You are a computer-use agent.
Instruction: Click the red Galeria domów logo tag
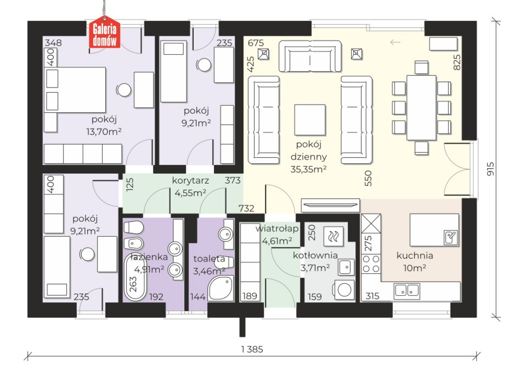click(104, 32)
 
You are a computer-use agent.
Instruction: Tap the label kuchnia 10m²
click(415, 262)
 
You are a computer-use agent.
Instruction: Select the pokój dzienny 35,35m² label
click(308, 157)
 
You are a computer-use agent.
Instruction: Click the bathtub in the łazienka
click(135, 276)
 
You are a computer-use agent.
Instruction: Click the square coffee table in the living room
click(310, 120)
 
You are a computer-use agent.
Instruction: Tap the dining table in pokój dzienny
click(421, 108)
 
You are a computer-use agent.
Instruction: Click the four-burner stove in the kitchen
click(371, 264)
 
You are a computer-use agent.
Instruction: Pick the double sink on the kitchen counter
click(407, 291)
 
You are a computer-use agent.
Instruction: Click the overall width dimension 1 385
click(252, 349)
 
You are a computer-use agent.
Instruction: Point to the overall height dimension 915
click(491, 169)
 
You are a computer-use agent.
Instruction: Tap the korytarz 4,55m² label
click(190, 187)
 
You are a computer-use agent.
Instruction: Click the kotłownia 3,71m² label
click(315, 261)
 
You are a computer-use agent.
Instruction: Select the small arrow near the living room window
click(395, 42)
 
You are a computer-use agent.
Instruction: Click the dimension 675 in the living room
click(256, 43)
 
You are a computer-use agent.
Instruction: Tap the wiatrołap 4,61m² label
click(277, 235)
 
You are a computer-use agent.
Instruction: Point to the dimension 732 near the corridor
click(246, 208)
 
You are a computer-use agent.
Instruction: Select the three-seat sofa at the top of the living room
click(310, 56)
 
